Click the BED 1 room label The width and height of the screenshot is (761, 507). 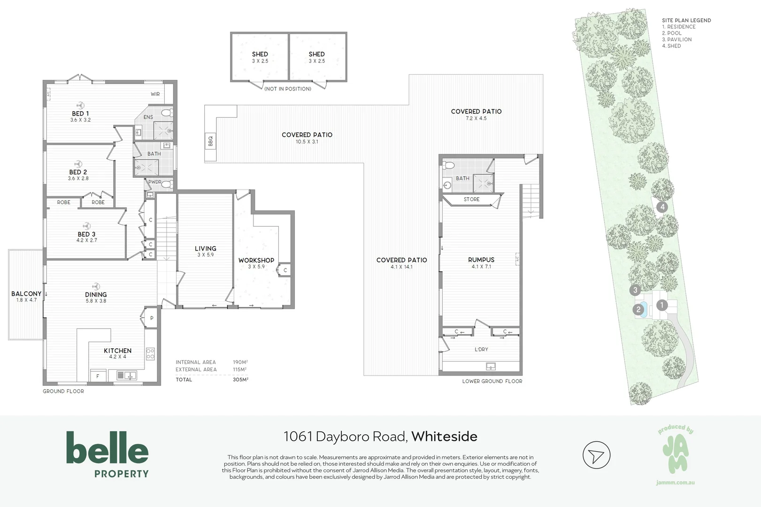[x=80, y=114]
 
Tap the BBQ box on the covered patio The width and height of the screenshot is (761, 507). [x=210, y=140]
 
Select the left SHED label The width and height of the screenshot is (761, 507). [x=260, y=54]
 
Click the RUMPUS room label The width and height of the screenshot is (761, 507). [x=481, y=260]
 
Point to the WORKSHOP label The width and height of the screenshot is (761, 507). [x=256, y=260]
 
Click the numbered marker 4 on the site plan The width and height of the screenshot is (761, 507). [x=662, y=207]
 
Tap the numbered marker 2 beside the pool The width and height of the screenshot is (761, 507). [x=638, y=309]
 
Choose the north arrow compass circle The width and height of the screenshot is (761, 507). [x=596, y=455]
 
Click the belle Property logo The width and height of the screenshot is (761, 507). [x=108, y=454]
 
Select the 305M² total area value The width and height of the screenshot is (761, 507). [x=240, y=379]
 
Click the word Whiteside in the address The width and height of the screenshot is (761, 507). [x=444, y=437]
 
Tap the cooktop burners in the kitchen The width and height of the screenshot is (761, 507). [x=150, y=353]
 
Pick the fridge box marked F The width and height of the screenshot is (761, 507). [x=98, y=376]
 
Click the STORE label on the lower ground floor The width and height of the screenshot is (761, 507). [x=471, y=200]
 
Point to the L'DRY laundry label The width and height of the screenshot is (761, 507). [x=481, y=349]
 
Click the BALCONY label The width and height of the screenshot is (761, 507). [x=26, y=294]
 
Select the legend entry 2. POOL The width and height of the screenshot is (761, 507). [x=672, y=33]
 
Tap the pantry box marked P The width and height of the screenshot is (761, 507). [x=152, y=318]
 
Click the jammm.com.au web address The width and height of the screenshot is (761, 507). [x=675, y=483]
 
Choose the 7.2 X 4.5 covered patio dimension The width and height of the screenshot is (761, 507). [x=476, y=118]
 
